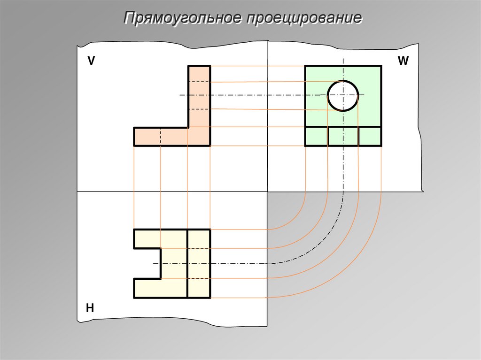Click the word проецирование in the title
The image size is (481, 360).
304,19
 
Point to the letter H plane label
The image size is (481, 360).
90,308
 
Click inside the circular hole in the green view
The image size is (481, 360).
343,95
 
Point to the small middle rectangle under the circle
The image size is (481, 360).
343,136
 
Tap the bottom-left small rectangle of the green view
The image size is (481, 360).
316,136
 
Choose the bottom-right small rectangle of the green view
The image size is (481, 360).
370,136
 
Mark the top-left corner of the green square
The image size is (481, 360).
305,66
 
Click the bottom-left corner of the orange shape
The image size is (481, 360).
134,146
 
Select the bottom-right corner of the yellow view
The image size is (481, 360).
210,298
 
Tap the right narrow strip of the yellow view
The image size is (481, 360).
199,263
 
